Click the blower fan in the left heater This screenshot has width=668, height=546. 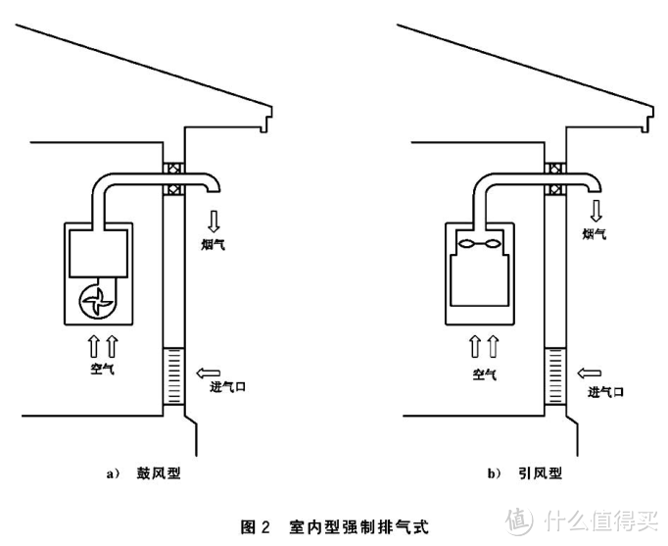98,298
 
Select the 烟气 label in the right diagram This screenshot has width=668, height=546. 594,234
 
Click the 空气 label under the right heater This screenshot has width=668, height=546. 481,373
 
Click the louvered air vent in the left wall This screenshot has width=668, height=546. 172,377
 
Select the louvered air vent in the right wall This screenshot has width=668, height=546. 553,377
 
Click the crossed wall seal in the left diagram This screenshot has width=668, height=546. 172,177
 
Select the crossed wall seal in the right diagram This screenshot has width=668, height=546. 554,177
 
